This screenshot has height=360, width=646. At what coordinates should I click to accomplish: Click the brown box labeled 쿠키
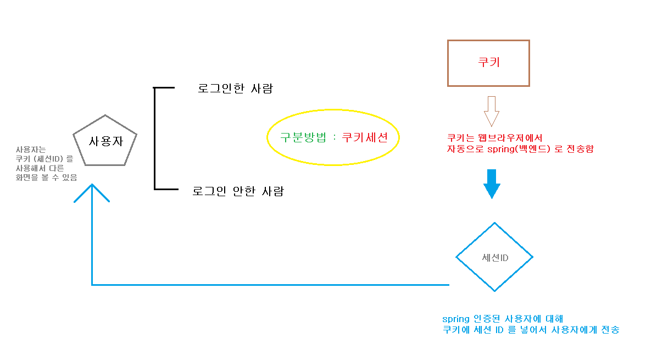(x=488, y=63)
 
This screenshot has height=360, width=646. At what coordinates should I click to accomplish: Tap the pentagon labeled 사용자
(x=105, y=141)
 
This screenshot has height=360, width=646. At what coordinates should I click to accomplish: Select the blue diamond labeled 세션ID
(x=494, y=257)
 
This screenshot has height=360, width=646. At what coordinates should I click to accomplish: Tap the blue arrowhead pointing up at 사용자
(x=92, y=192)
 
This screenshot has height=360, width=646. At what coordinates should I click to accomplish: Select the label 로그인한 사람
(x=235, y=88)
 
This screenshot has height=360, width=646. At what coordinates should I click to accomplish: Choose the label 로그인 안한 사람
(x=238, y=192)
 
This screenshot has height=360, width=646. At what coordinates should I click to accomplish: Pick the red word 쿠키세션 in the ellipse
(x=365, y=137)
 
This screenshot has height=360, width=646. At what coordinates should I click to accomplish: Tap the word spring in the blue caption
(x=455, y=319)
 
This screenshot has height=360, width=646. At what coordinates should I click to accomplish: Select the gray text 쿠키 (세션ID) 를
(x=43, y=159)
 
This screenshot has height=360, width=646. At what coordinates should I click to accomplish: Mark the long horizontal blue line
(x=269, y=285)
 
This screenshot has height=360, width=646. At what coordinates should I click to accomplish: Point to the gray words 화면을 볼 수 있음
(x=47, y=177)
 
